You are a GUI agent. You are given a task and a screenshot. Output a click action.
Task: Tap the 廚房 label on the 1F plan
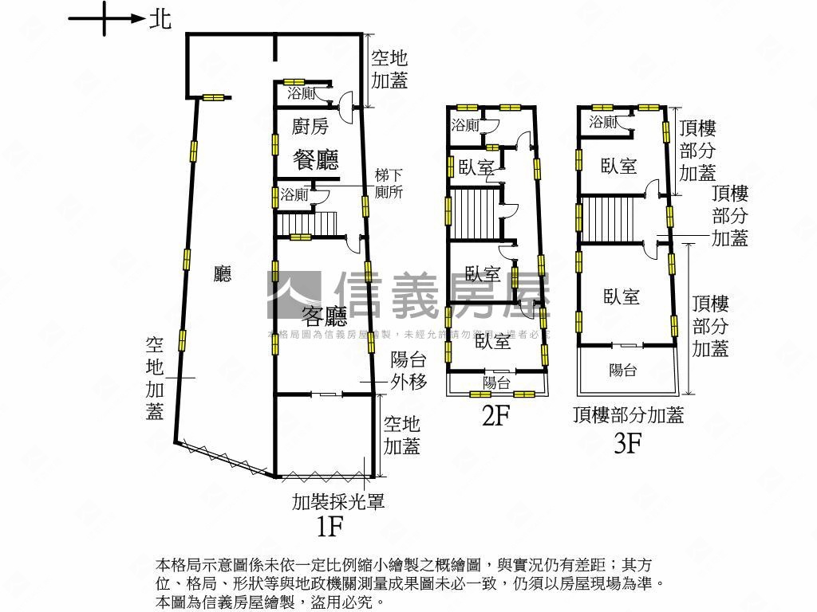(310, 126)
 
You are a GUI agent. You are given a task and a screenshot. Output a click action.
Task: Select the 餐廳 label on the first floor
(316, 159)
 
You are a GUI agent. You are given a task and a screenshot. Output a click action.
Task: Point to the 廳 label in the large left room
(223, 276)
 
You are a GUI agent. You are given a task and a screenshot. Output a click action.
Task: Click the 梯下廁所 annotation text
(389, 184)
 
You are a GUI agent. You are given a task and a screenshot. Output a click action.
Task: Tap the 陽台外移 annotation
(408, 371)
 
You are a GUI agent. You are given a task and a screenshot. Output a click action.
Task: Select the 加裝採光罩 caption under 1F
(338, 501)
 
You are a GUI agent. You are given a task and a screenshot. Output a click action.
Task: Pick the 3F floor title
(627, 443)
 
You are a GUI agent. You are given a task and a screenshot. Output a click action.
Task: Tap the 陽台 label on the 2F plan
(496, 383)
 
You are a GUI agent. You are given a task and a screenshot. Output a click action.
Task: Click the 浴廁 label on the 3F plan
(603, 122)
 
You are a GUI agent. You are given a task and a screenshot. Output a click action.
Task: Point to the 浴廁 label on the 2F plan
(464, 125)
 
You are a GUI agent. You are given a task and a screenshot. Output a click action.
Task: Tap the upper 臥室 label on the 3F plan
(619, 166)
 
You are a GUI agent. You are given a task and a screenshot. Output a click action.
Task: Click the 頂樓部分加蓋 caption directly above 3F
(628, 415)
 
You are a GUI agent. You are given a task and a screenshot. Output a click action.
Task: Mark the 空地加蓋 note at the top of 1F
(389, 69)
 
